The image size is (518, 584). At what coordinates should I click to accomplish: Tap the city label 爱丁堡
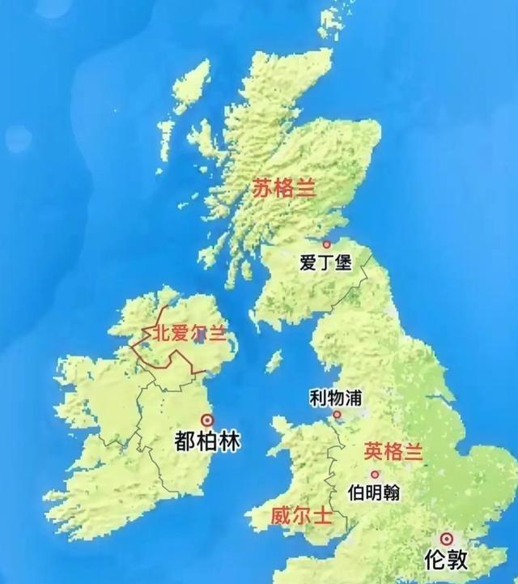(x=325, y=262)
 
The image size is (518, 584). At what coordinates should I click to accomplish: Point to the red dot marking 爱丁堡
(x=327, y=244)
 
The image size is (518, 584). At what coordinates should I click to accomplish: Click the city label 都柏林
(x=208, y=441)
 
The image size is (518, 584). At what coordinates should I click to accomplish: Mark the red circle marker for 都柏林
(x=206, y=420)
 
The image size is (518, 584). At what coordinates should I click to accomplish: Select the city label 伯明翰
(x=373, y=492)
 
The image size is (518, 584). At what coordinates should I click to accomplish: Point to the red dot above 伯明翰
(x=374, y=475)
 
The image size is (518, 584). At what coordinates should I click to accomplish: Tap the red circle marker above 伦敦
(x=445, y=538)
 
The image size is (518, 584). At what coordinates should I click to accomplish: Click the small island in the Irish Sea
(x=274, y=361)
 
